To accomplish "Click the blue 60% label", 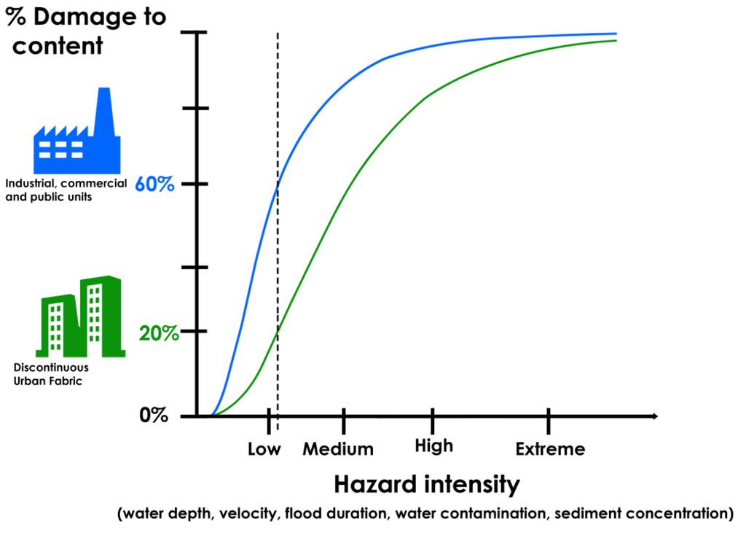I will coord(154,184).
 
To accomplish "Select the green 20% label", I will coord(158,333).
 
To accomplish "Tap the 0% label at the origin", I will coord(154,416).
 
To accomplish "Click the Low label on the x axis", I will coord(264,449).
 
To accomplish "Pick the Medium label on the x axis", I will coord(338,449).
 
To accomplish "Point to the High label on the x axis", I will coord(433,446).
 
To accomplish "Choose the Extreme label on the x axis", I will coord(550,449).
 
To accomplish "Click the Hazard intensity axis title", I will coord(427,484).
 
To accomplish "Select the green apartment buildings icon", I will coord(80,317).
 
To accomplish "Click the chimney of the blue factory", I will coord(104,109).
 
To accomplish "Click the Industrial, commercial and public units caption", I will coord(66,190).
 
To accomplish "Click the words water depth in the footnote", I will coord(165,513).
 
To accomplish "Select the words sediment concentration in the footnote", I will coord(642,513).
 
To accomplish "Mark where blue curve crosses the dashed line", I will coord(278,187).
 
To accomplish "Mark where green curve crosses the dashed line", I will coord(278,330).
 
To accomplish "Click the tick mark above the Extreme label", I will coord(549,421).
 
